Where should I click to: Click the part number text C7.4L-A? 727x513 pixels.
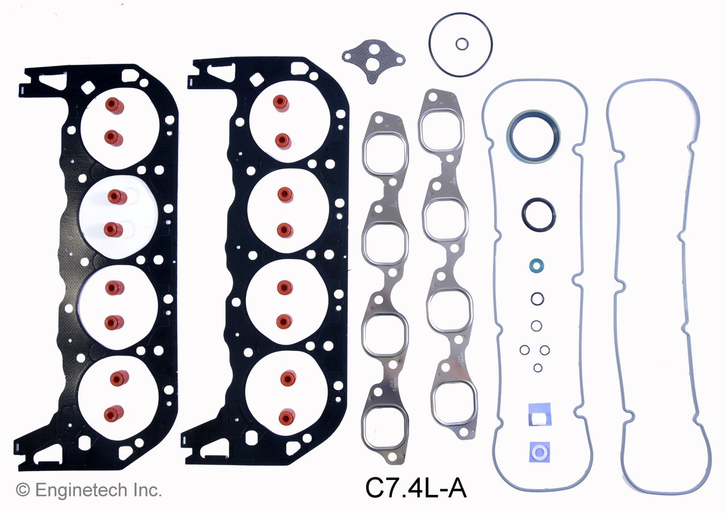416,488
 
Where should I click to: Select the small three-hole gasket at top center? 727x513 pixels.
373,62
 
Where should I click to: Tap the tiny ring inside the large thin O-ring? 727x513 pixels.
462,43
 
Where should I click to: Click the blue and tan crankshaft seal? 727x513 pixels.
532,137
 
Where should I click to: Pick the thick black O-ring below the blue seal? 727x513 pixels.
538,215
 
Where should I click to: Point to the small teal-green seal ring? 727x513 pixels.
535,265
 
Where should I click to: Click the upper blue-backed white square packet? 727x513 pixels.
539,414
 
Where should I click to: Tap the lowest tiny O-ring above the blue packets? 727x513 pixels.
537,368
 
